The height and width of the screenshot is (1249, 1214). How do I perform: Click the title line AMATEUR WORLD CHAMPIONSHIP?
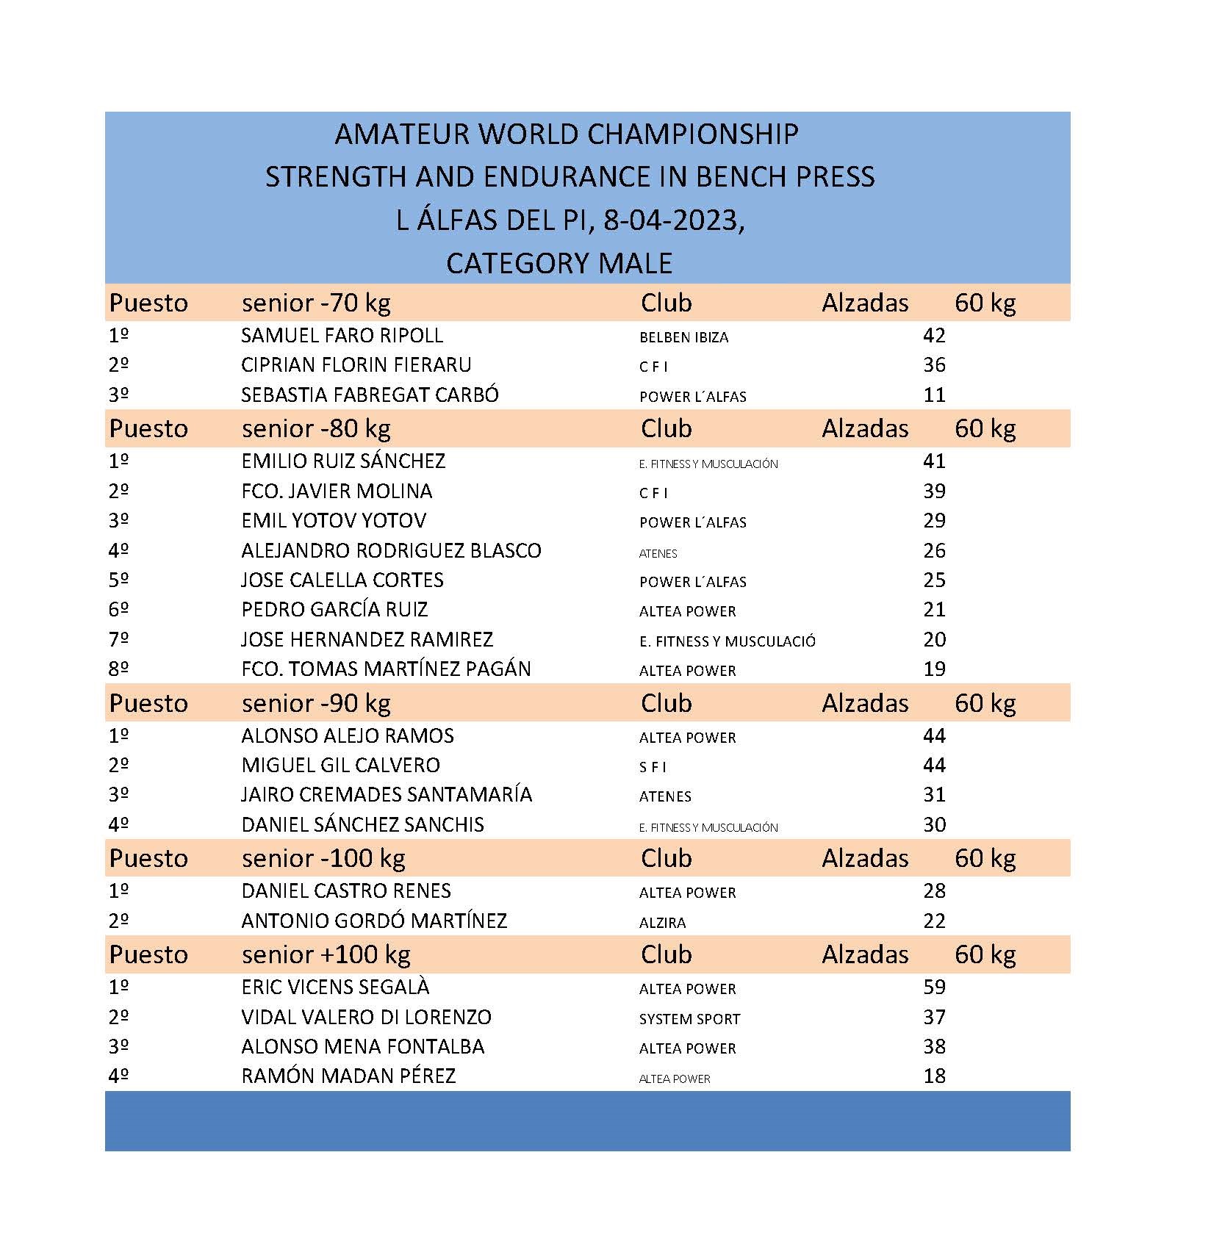click(x=566, y=134)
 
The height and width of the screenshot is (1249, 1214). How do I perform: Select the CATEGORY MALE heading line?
click(x=559, y=263)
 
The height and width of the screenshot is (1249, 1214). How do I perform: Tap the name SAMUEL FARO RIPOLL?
click(x=342, y=336)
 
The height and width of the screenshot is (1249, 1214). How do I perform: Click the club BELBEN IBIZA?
click(x=683, y=337)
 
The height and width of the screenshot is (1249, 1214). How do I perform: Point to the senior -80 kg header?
click(x=316, y=428)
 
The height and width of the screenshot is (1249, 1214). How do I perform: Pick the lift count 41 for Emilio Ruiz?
click(x=934, y=461)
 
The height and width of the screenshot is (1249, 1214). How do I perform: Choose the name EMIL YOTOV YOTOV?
click(x=334, y=521)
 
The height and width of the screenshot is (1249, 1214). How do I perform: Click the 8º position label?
click(x=118, y=669)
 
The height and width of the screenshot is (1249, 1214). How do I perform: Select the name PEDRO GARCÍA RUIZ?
click(x=334, y=610)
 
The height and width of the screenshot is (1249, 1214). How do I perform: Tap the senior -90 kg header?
click(x=316, y=703)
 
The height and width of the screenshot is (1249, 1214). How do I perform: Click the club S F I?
click(x=653, y=767)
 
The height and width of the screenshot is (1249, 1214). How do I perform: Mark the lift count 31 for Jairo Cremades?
click(x=934, y=795)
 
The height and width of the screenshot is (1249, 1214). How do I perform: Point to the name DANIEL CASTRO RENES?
click(x=346, y=891)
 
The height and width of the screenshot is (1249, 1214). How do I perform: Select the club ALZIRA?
click(x=662, y=923)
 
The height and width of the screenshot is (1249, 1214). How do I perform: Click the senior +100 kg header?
click(x=326, y=954)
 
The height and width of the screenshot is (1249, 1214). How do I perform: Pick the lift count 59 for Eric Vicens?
click(x=934, y=987)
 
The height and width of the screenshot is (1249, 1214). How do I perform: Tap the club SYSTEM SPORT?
click(x=689, y=1019)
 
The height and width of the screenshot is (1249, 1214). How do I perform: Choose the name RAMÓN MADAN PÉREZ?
click(x=348, y=1076)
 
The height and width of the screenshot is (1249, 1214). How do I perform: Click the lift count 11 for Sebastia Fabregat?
click(x=934, y=395)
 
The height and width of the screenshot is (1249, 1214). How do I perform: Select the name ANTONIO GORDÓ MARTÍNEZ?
click(x=374, y=921)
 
